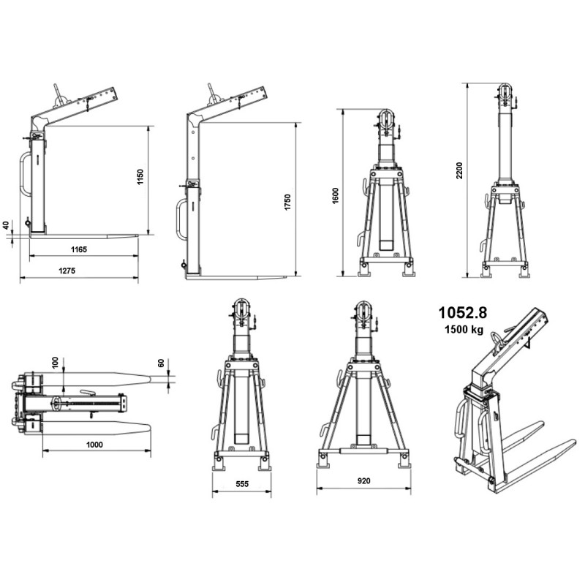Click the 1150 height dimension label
140,177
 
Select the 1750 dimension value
287,202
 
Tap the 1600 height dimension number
335,196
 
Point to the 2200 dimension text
459,170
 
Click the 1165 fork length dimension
79,249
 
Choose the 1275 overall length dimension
67,271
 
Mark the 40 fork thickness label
6,225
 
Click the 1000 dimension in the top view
94,445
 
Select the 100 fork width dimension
56,363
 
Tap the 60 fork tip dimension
161,363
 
